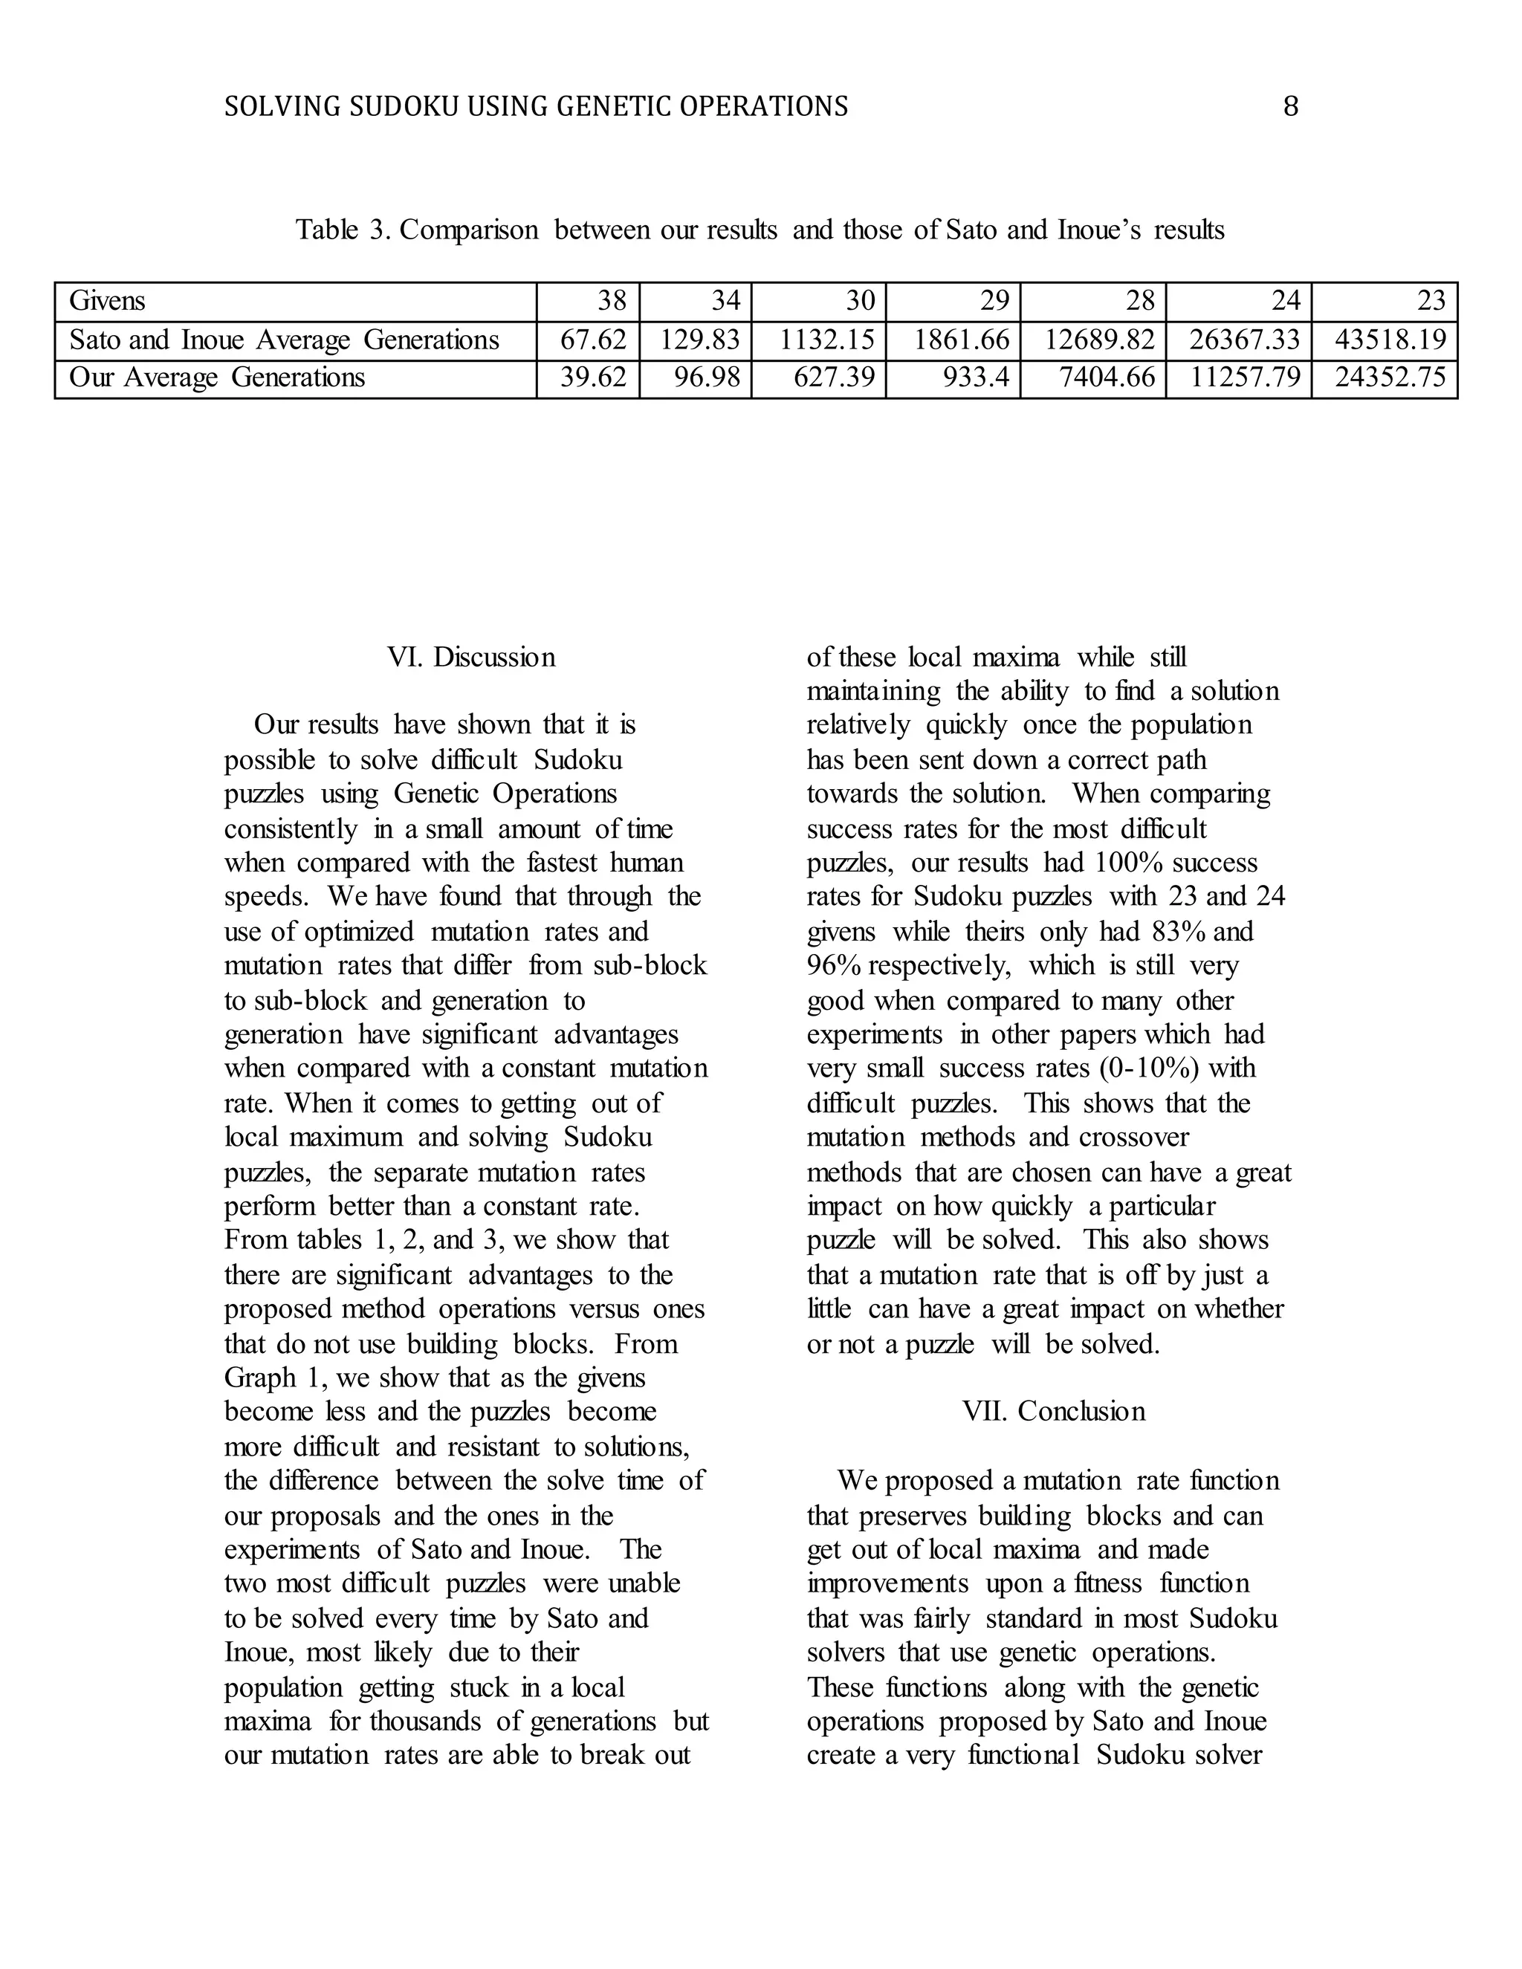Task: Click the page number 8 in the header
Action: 1290,107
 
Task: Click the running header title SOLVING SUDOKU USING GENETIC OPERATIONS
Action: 536,107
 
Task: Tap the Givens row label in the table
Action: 107,301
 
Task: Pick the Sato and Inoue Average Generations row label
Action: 284,340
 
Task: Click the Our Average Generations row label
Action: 217,377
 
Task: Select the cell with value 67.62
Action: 592,340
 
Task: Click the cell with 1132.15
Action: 827,340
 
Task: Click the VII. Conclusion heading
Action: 1053,1411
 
